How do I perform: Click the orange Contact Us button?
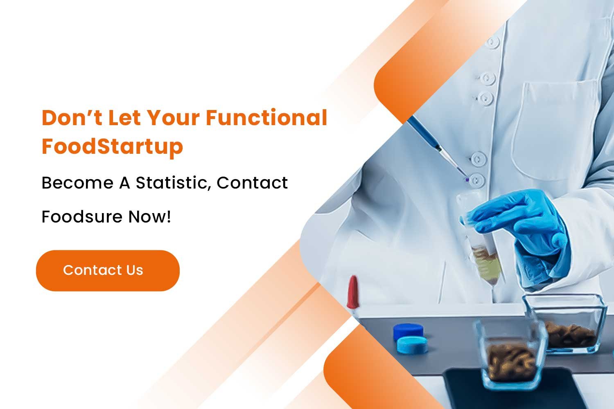point(108,270)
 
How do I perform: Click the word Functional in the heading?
point(266,117)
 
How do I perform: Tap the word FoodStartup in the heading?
point(112,147)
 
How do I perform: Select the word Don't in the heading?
point(72,117)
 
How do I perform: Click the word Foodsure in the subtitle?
point(82,217)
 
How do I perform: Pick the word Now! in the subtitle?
point(150,217)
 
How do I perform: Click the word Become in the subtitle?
point(77,183)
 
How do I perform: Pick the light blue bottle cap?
point(412,345)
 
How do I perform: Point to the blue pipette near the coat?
point(437,147)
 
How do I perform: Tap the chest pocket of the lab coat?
point(554,129)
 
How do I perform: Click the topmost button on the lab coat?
point(493,43)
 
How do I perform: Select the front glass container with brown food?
point(511,353)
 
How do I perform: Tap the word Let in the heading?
point(124,118)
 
